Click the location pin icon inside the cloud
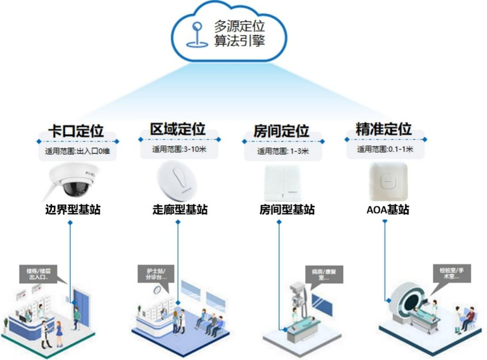[198, 35]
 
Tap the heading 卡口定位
[76, 131]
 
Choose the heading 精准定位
[384, 129]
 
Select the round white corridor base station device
[177, 181]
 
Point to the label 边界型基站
[73, 210]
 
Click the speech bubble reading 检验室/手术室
[452, 273]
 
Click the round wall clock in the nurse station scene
[157, 290]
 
